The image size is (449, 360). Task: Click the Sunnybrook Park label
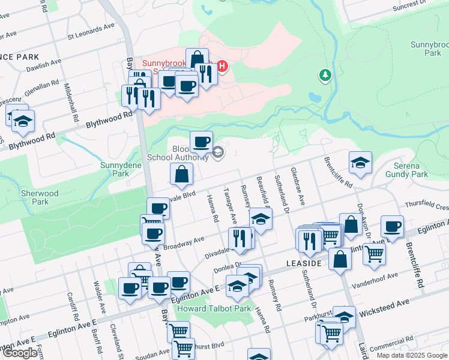426,49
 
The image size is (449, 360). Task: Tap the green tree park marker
325,75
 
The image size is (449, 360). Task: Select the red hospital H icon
222,65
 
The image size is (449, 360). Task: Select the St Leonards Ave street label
91,35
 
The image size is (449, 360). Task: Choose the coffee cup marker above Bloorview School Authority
201,142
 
